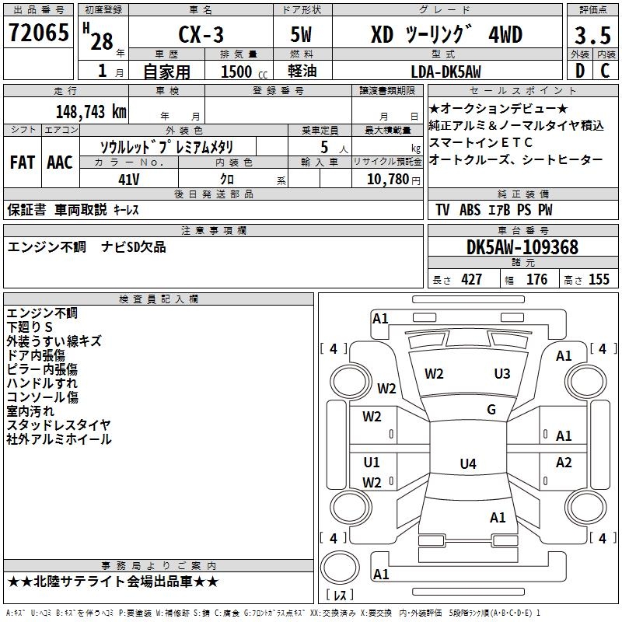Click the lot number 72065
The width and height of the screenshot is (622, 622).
(38, 33)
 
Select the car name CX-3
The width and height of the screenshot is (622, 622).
(201, 34)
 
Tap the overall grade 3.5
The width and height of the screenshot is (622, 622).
(592, 36)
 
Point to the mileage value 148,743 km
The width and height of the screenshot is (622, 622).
(91, 112)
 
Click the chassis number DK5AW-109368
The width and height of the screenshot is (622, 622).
(522, 247)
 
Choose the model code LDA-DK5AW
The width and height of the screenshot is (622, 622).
(446, 72)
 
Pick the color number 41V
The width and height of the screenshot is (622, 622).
(129, 180)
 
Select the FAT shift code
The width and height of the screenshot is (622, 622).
(23, 162)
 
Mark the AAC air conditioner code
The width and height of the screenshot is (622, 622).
(60, 162)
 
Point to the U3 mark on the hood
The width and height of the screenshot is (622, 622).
(501, 374)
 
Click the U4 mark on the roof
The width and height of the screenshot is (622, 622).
(468, 463)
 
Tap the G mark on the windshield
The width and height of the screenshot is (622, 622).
(491, 410)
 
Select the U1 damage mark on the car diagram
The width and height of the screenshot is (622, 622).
(372, 462)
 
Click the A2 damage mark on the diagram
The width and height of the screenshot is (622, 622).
(564, 462)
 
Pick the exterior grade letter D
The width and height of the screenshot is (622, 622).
(580, 71)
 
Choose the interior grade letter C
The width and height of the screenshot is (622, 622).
(605, 71)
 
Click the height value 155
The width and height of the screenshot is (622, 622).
(599, 279)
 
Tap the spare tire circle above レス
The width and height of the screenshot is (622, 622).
(340, 568)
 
